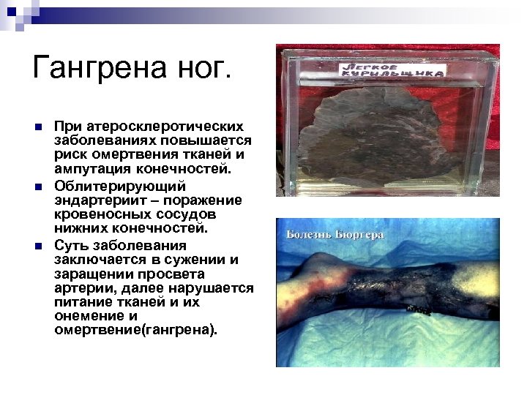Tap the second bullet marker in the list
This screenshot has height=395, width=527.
[x=38, y=187]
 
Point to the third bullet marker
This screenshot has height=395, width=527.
[x=38, y=246]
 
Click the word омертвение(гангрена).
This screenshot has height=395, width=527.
[x=135, y=330]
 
